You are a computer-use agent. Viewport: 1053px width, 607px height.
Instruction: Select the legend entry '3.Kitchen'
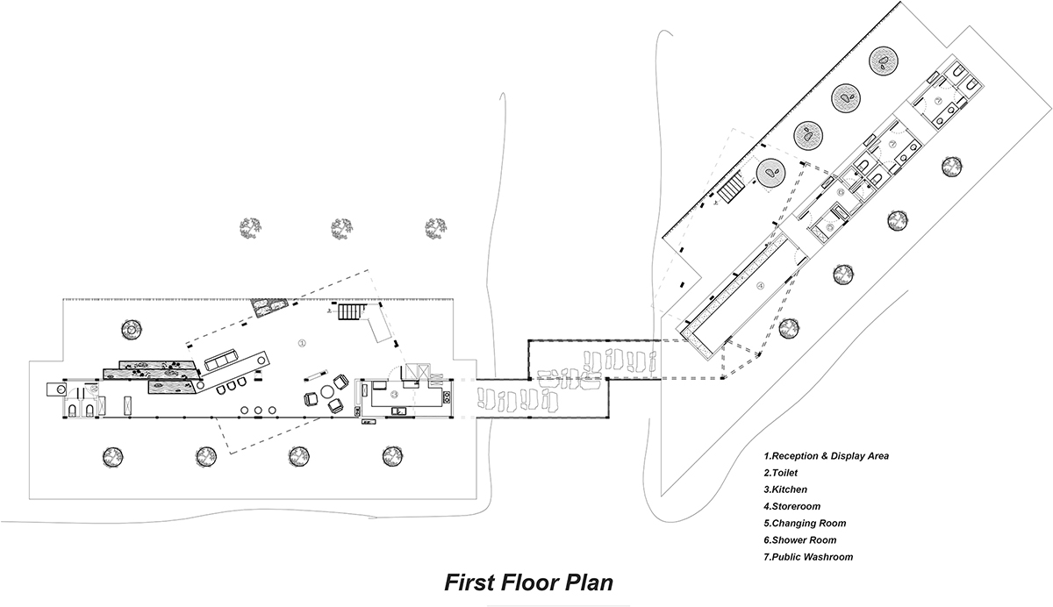pos(785,489)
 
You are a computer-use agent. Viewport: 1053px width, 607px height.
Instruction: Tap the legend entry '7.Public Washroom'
pos(808,557)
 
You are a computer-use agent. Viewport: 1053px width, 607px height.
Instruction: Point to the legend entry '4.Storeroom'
pos(792,506)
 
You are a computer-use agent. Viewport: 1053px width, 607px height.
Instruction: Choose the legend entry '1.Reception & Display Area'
pos(827,456)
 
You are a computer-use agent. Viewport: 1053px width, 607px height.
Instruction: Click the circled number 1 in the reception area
pos(302,341)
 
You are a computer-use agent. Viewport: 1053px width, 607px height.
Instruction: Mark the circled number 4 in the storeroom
pos(761,284)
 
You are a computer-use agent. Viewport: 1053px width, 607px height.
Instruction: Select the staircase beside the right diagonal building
pos(730,186)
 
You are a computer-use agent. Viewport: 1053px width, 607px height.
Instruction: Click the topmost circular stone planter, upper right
pos(883,60)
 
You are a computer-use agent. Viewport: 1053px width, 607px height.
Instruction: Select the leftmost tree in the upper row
pos(250,228)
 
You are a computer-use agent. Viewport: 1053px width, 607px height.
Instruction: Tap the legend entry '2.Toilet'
pos(780,473)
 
